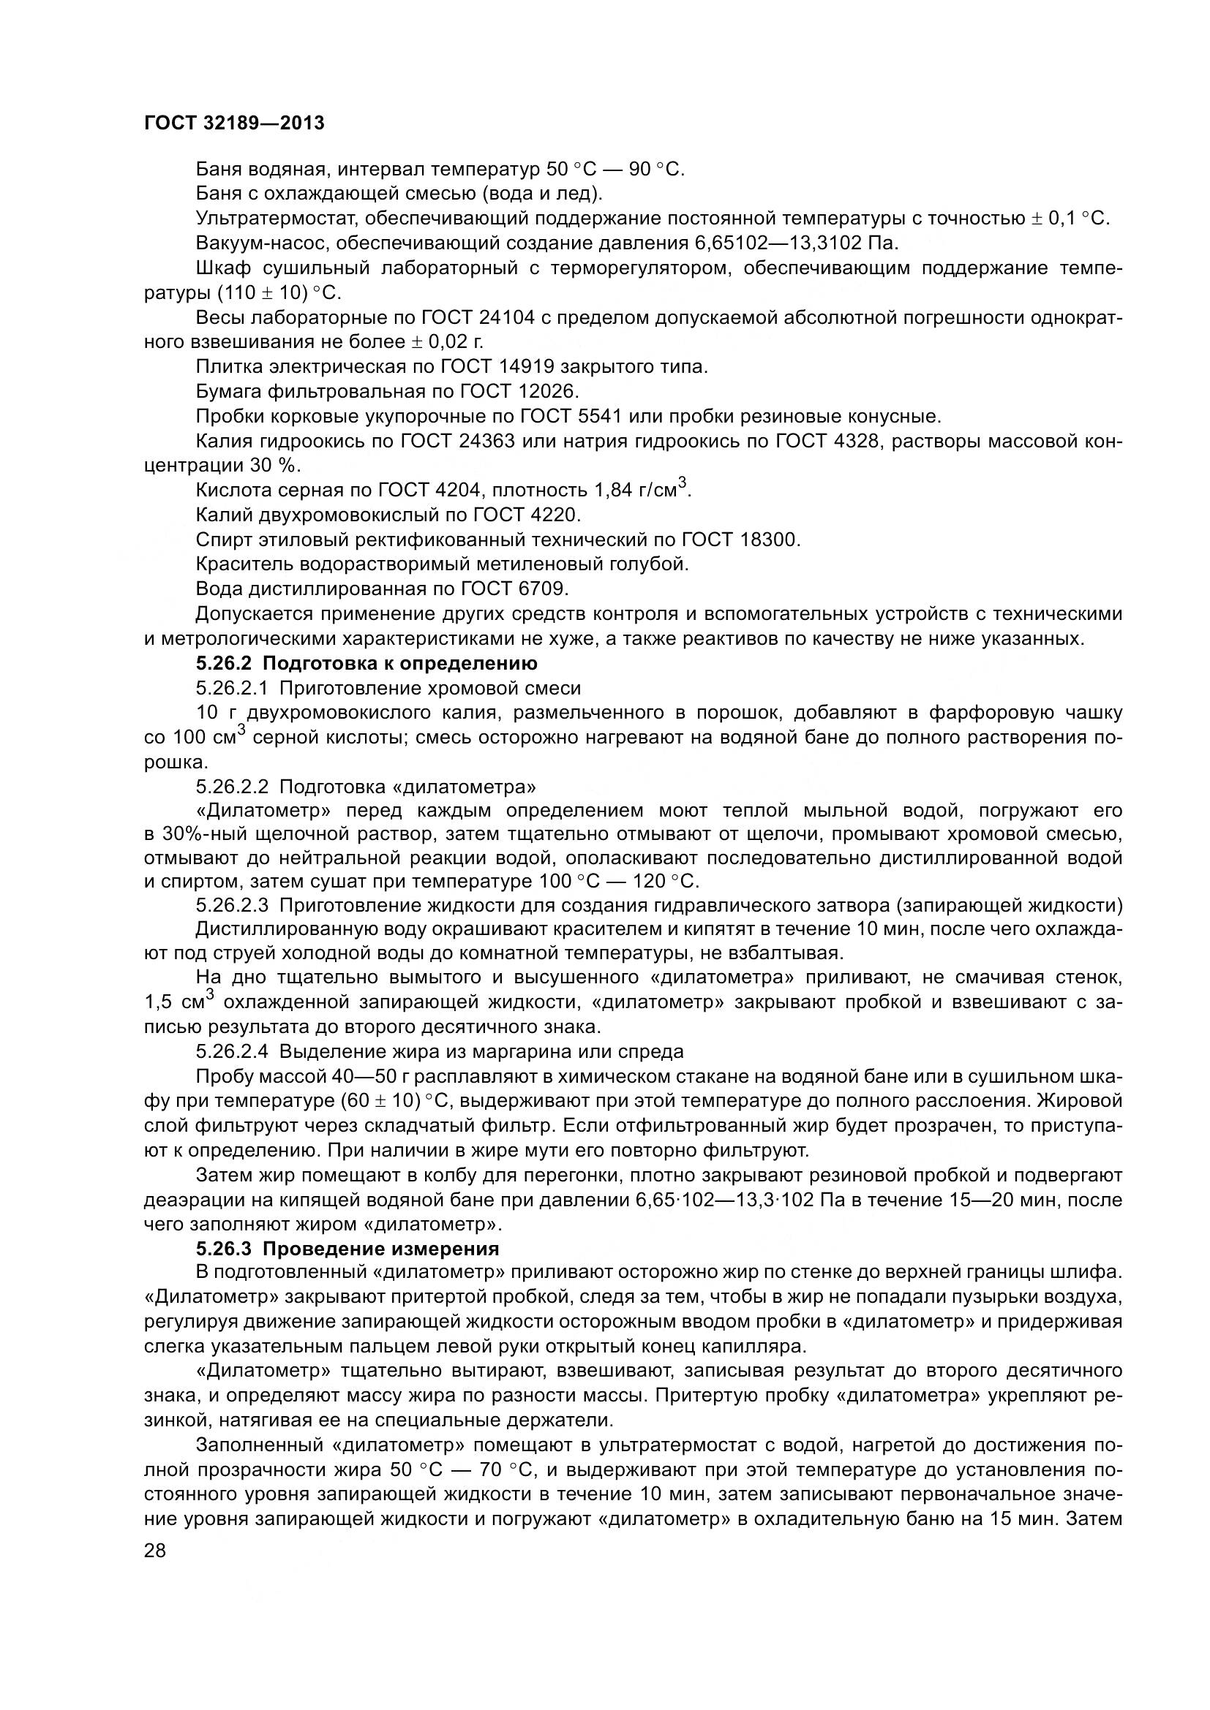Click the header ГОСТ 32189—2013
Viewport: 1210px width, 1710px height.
tap(234, 124)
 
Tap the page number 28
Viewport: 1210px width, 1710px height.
tap(155, 1551)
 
